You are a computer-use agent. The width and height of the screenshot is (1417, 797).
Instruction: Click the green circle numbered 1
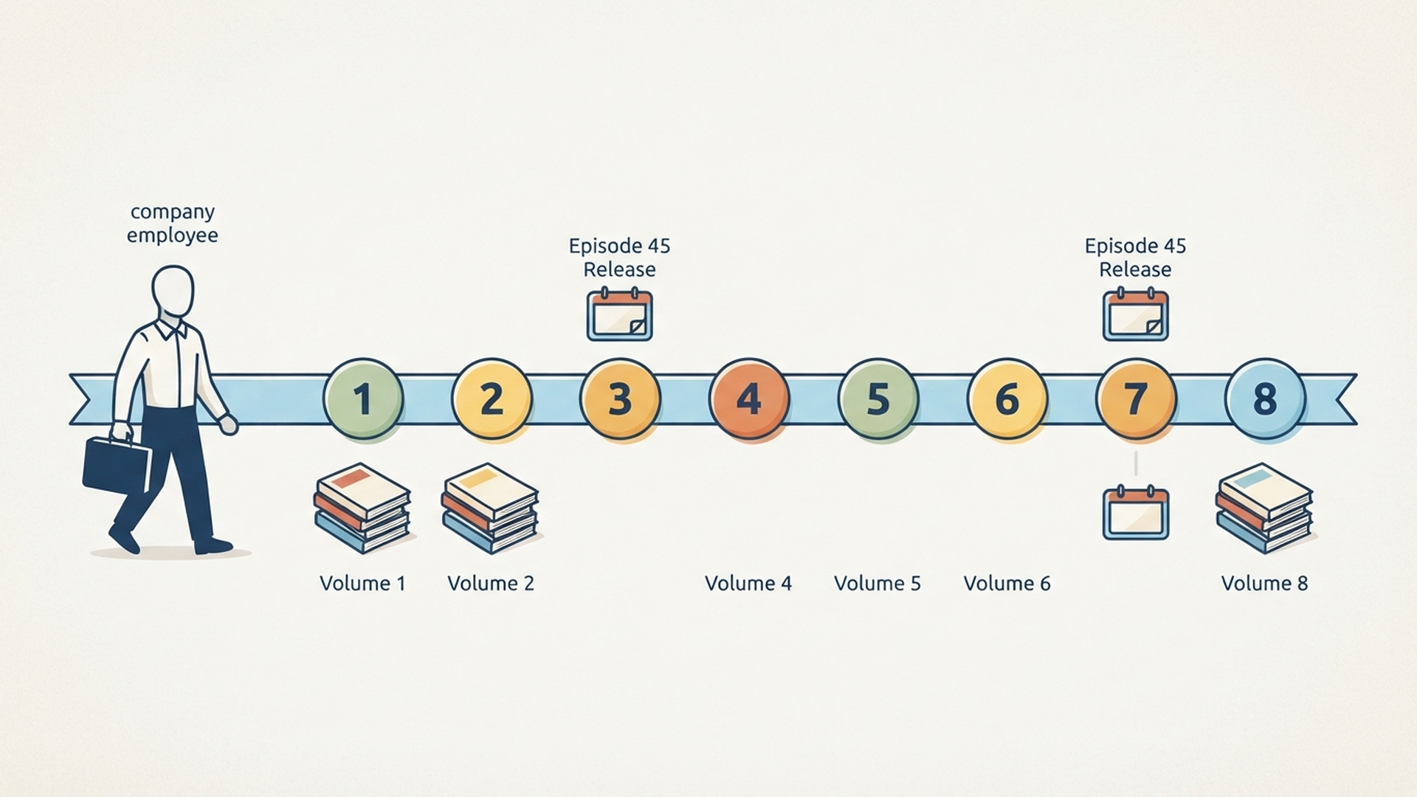[363, 399]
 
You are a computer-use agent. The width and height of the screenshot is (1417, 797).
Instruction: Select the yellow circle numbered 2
[492, 399]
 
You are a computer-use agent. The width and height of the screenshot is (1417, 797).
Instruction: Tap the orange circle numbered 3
[620, 399]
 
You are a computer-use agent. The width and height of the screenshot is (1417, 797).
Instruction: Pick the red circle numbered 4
[749, 399]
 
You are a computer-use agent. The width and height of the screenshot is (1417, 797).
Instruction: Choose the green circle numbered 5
[878, 399]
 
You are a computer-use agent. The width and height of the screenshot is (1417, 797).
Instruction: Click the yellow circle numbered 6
[1007, 399]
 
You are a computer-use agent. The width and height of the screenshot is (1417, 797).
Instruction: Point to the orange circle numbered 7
[1136, 399]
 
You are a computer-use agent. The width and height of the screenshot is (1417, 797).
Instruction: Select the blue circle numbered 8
[1265, 399]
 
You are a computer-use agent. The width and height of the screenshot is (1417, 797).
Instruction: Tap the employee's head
[173, 292]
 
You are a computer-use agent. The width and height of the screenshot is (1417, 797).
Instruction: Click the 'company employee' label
[173, 224]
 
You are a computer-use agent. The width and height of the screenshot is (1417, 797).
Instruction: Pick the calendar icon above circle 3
[620, 315]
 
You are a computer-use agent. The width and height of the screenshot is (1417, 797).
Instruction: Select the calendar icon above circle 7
[1136, 315]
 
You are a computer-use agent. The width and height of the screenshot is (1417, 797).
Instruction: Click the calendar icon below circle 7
[1136, 513]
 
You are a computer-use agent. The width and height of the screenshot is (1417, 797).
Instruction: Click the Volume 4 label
[748, 584]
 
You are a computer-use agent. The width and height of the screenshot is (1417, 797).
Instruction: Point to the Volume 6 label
[1007, 584]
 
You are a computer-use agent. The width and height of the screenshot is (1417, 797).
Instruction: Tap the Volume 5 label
[878, 584]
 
